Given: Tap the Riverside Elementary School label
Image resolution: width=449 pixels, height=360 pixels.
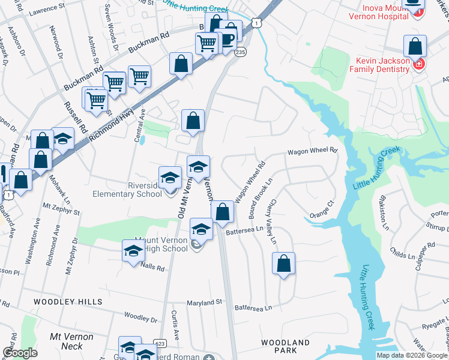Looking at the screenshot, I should (127, 190).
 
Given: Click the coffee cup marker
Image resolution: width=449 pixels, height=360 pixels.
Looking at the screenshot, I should (229, 39).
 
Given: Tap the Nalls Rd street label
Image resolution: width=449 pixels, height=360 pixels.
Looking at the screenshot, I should (152, 268).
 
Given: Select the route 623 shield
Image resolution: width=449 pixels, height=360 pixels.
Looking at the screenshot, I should (159, 343).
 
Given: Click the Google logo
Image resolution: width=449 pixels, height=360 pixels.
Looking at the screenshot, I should (20, 353).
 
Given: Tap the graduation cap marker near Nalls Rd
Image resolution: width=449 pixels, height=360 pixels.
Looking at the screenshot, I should (133, 251).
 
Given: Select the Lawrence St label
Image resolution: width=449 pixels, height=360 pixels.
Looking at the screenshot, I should (47, 10).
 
